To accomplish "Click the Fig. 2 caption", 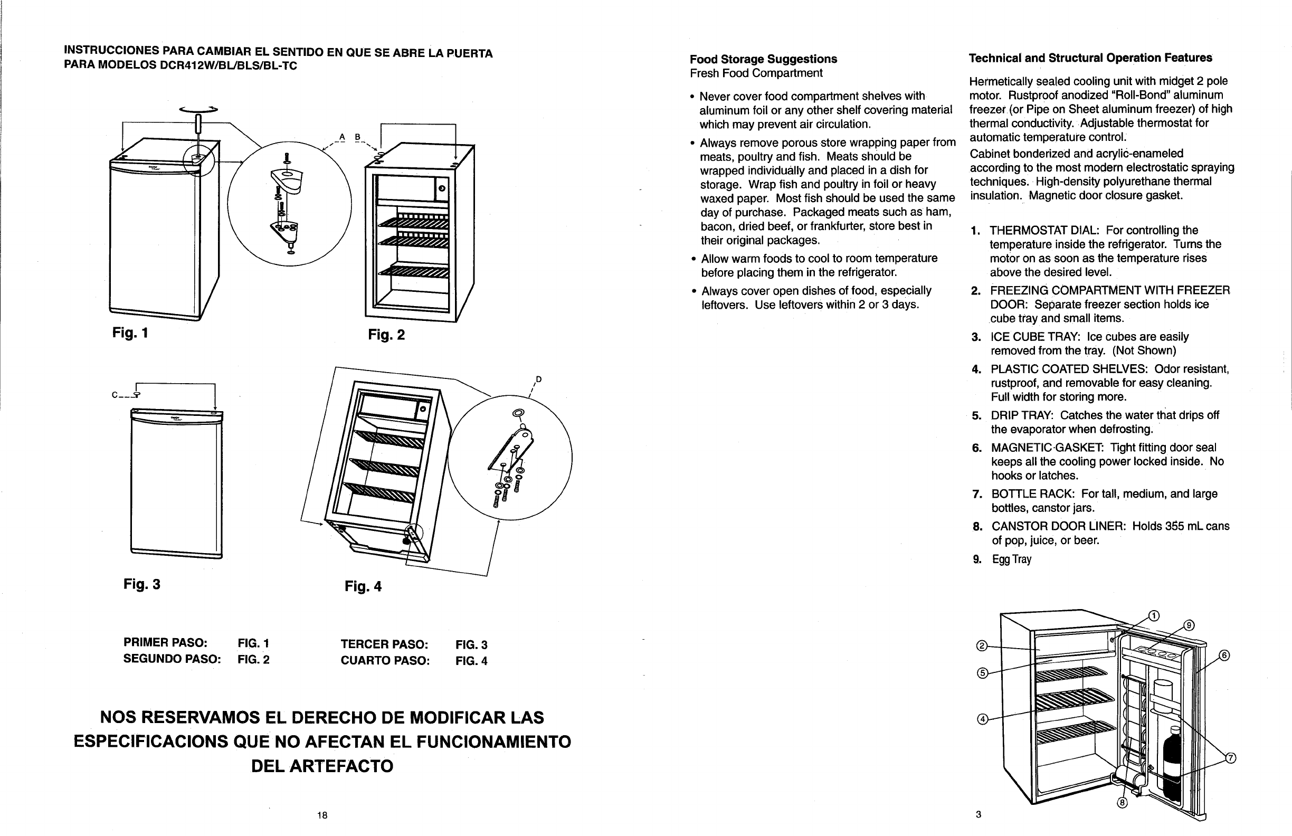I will pos(386,335).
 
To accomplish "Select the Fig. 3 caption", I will pos(141,584).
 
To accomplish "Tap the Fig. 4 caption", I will pos(363,586).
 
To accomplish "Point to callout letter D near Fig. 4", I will pos(538,379).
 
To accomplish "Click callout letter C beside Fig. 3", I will pos(115,395).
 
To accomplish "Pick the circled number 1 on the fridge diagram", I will pos(1154,615).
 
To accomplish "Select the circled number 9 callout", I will pos(1189,625).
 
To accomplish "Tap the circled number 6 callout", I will pos(1224,655).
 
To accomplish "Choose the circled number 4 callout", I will pos(982,719).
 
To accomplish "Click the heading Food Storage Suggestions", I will pos(763,59).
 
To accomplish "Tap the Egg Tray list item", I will pos(1011,559).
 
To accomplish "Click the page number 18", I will pos(322,815).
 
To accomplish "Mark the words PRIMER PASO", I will pos(166,643).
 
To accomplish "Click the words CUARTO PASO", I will pos(385,661).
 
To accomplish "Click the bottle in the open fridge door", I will pos(1173,765).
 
